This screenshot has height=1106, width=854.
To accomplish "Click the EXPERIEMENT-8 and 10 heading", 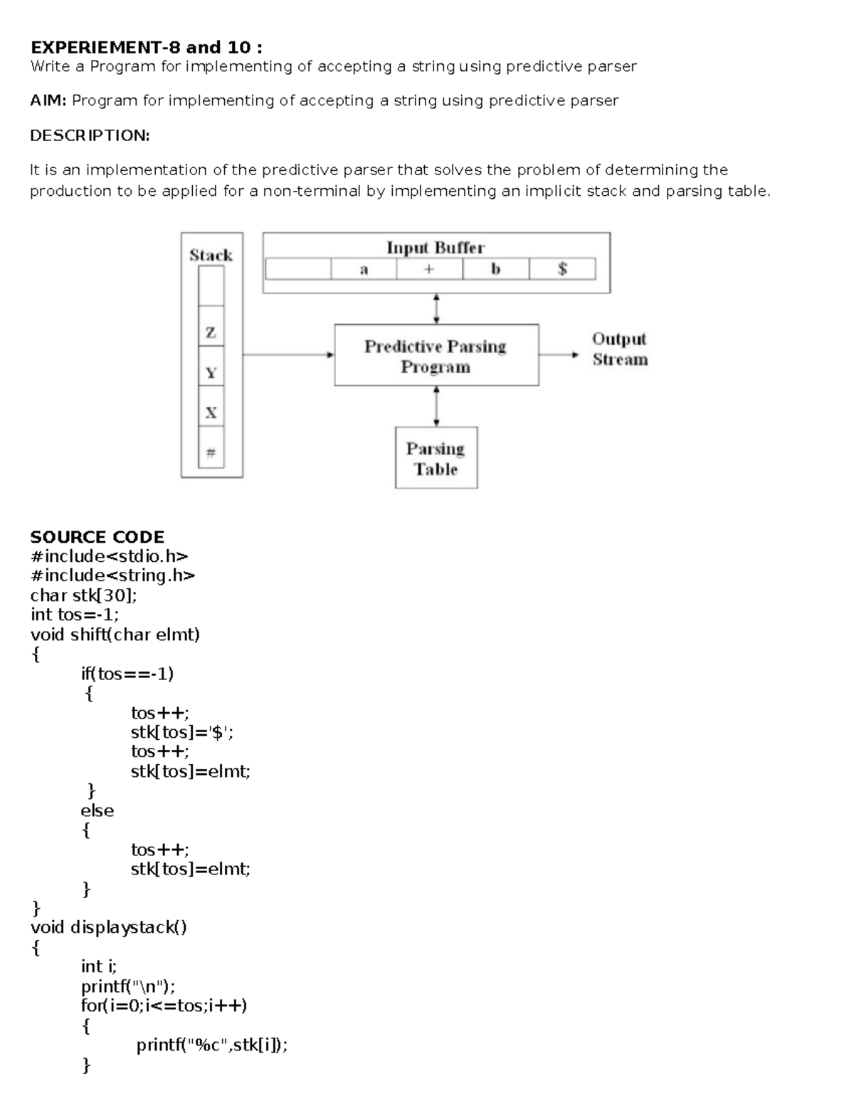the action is click(146, 48).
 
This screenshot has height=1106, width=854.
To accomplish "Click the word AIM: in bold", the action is click(48, 100).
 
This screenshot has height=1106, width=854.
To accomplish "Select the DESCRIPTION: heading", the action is click(90, 135).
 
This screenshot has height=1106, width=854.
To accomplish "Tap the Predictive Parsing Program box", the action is click(436, 355).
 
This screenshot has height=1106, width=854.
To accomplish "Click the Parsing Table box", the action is click(436, 458).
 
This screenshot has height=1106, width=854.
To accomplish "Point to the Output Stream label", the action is click(620, 349).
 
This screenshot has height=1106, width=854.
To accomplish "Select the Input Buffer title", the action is click(435, 248).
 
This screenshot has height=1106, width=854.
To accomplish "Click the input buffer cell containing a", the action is click(364, 269).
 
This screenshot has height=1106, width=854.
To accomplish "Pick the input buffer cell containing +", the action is click(429, 269).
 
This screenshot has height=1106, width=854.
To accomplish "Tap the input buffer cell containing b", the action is click(496, 269).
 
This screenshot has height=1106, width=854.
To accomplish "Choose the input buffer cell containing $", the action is click(562, 269).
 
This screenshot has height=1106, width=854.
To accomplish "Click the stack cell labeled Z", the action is click(211, 332).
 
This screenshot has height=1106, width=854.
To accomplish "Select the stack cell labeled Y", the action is click(211, 372).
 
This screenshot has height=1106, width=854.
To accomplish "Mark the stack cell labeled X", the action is click(211, 412).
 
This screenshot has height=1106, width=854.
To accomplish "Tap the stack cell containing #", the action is click(211, 452).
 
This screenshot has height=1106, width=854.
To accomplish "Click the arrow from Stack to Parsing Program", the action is click(288, 355).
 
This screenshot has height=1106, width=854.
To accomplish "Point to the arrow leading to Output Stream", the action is click(559, 355).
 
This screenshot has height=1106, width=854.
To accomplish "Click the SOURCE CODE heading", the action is click(97, 537).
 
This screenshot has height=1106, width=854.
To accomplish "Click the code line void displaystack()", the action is click(108, 927).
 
